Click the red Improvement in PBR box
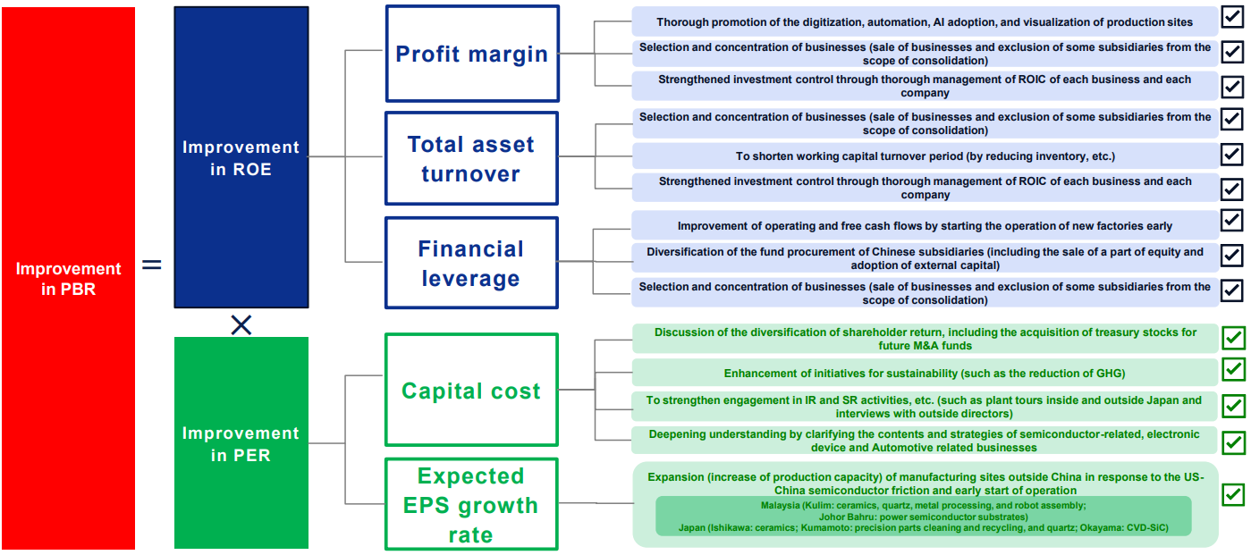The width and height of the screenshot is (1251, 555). [68, 278]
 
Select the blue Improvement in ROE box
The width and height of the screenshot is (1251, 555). [241, 157]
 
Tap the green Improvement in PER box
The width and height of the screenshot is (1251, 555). [241, 442]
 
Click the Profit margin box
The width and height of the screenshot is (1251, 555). [472, 54]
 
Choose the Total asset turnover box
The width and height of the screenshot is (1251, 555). [471, 158]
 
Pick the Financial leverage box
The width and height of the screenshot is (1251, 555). [471, 263]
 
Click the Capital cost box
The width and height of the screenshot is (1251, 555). [471, 390]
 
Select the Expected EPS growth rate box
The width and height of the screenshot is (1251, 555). [471, 504]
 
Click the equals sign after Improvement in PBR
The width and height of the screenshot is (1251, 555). [151, 265]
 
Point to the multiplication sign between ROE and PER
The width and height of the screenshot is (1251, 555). [241, 324]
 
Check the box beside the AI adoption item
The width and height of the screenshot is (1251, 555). [1231, 17]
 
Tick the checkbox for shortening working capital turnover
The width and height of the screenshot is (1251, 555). [1231, 154]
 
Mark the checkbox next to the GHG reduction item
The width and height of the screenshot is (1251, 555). [1233, 369]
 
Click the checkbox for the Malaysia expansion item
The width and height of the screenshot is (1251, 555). [1233, 494]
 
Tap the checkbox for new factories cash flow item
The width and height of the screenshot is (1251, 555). [1231, 220]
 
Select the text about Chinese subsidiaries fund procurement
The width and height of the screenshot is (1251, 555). [925, 258]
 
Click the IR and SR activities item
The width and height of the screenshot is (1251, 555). [924, 407]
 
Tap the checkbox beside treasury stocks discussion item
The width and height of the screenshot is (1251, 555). [1233, 338]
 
